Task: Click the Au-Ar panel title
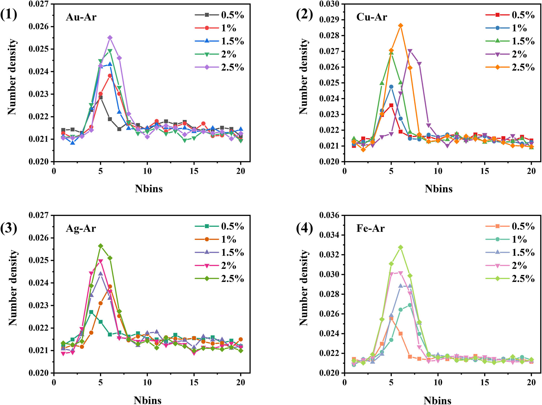click(81, 17)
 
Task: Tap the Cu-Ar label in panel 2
click(372, 17)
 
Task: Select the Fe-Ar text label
click(370, 228)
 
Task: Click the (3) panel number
click(9, 228)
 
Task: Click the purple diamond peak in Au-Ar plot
click(110, 38)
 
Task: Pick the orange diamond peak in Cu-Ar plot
click(401, 26)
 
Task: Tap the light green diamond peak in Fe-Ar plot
click(401, 247)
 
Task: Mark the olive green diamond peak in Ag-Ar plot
click(101, 246)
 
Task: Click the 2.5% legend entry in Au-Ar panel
click(232, 67)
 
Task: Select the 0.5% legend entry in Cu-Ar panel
click(523, 15)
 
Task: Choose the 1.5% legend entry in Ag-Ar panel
click(232, 252)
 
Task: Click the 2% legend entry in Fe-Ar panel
click(519, 265)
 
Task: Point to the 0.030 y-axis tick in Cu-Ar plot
click(329, 4)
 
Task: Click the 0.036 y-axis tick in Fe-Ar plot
click(329, 215)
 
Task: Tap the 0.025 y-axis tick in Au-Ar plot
click(38, 49)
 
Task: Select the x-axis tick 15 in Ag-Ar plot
click(194, 383)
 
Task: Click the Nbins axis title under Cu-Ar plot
click(438, 189)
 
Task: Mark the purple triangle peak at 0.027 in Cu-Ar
click(410, 51)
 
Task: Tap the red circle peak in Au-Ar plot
click(110, 76)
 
